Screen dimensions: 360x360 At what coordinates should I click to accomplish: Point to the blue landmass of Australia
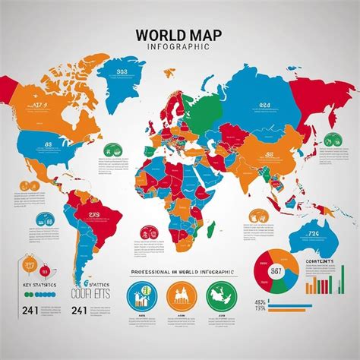coord(311,219)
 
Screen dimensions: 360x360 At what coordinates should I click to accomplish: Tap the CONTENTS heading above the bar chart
coord(320,261)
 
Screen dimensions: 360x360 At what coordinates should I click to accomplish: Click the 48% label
coord(261,303)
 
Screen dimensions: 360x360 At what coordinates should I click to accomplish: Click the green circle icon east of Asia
coord(330,141)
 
